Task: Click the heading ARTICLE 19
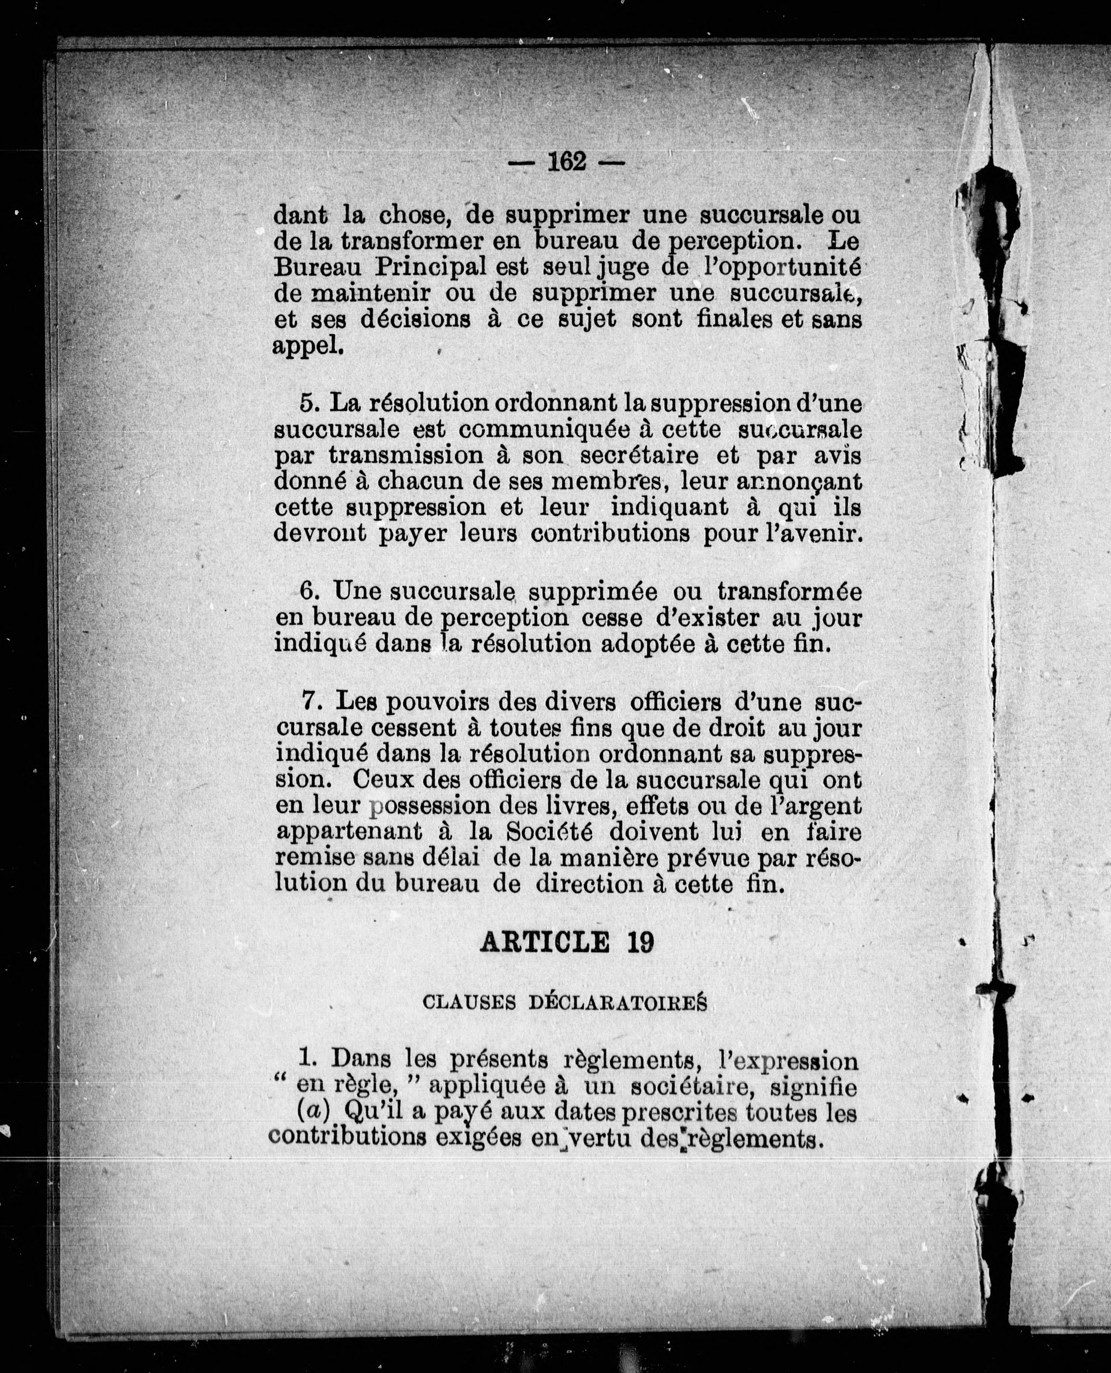[x=567, y=942]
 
